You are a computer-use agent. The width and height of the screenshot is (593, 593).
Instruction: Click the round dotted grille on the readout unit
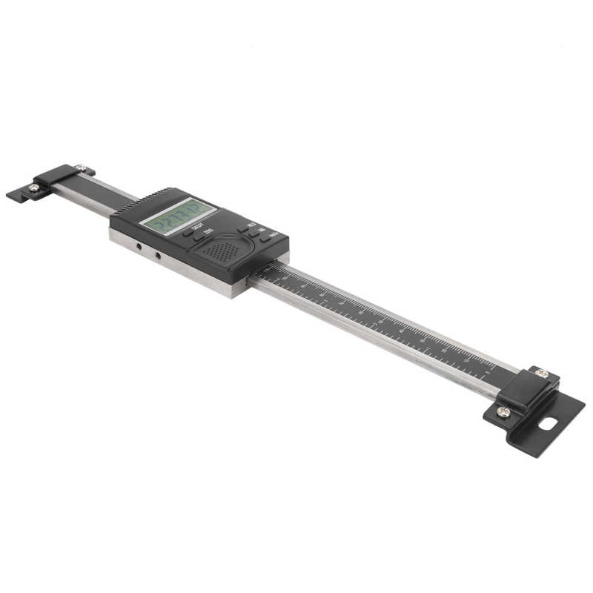click(222, 251)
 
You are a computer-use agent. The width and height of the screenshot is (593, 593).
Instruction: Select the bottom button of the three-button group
click(267, 239)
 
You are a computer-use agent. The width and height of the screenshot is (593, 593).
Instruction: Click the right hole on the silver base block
click(157, 256)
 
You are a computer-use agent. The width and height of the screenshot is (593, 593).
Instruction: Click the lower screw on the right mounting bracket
click(503, 411)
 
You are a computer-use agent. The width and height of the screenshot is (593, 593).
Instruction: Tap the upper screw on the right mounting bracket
click(542, 373)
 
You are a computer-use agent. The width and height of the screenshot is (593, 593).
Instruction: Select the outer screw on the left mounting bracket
click(34, 188)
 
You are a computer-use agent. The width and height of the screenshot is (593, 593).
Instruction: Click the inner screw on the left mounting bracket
click(80, 168)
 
